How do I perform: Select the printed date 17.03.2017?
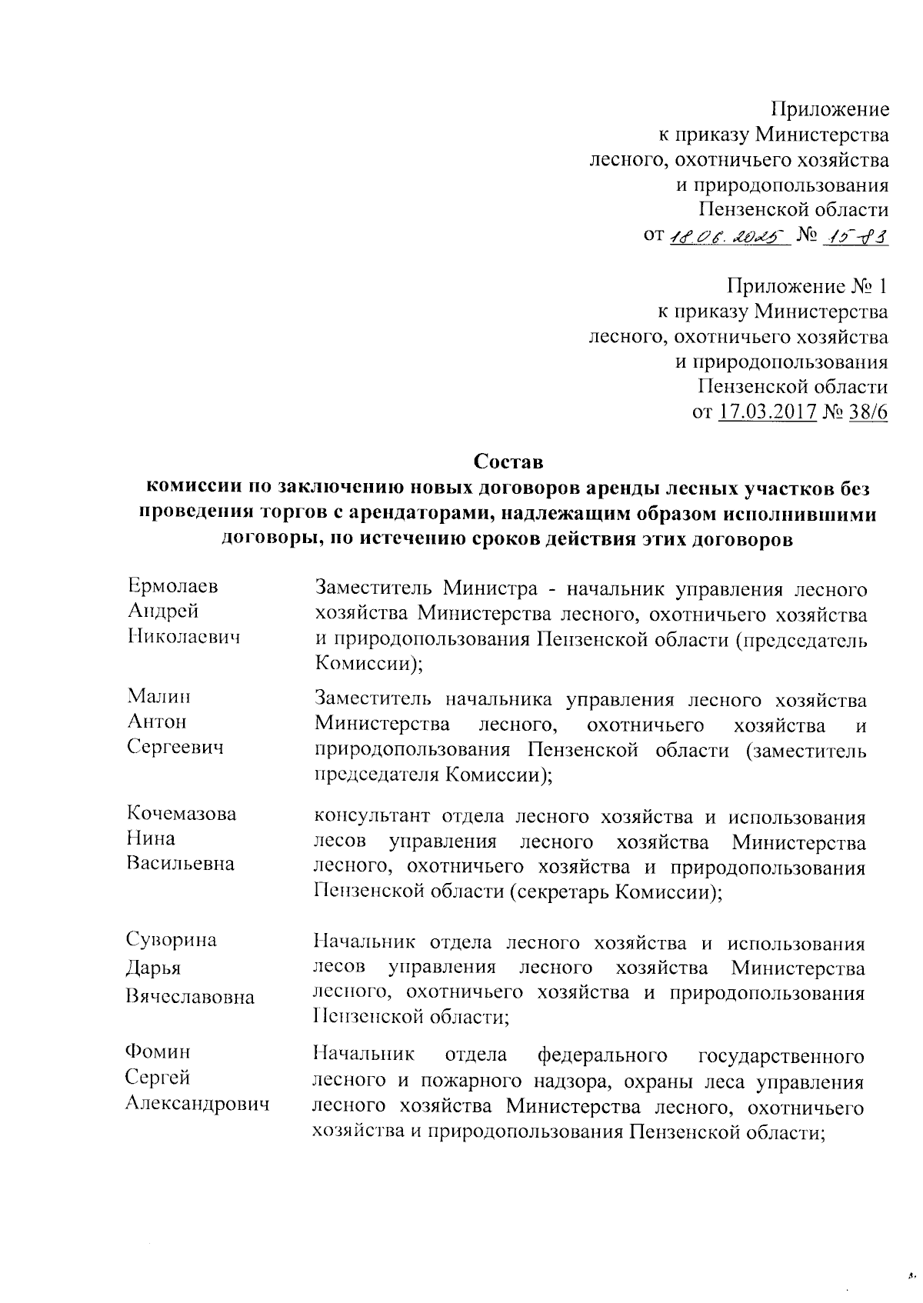click(767, 412)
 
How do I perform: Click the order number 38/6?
click(868, 412)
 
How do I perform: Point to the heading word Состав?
click(508, 462)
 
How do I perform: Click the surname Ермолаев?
click(173, 586)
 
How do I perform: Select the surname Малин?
click(159, 697)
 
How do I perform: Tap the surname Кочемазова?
click(182, 814)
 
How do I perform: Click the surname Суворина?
click(172, 940)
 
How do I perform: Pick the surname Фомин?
click(158, 1051)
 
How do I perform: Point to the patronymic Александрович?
click(198, 1105)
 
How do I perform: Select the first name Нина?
click(151, 838)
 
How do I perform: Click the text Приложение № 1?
click(808, 287)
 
